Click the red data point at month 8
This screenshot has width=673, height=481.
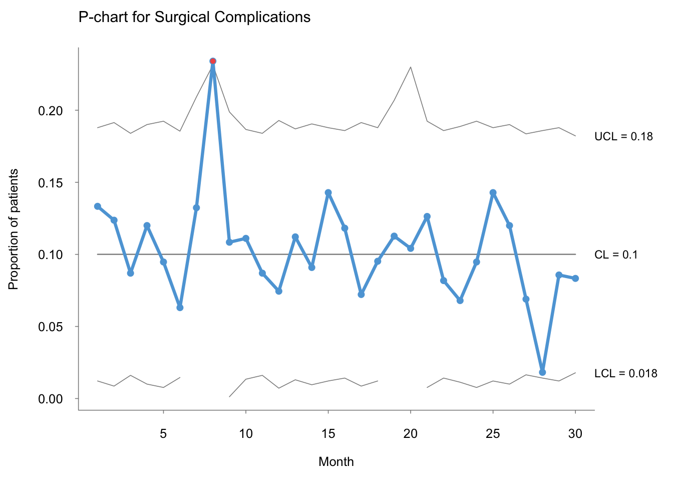213,61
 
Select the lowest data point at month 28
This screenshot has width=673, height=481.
542,372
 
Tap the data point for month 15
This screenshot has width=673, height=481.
328,192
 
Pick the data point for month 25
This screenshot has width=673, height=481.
493,192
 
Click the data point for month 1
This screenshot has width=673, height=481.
98,206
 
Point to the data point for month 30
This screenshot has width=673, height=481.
575,279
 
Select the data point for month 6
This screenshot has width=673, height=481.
180,308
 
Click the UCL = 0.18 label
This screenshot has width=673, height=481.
623,136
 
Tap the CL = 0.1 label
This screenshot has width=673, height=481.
616,255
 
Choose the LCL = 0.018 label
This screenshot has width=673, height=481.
625,373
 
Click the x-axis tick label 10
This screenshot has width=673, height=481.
245,434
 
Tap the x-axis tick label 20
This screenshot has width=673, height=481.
411,434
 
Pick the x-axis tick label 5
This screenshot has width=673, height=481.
163,434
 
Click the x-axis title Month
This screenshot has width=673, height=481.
336,462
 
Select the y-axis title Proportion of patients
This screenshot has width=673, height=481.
14,229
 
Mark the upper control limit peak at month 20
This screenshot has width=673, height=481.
411,67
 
